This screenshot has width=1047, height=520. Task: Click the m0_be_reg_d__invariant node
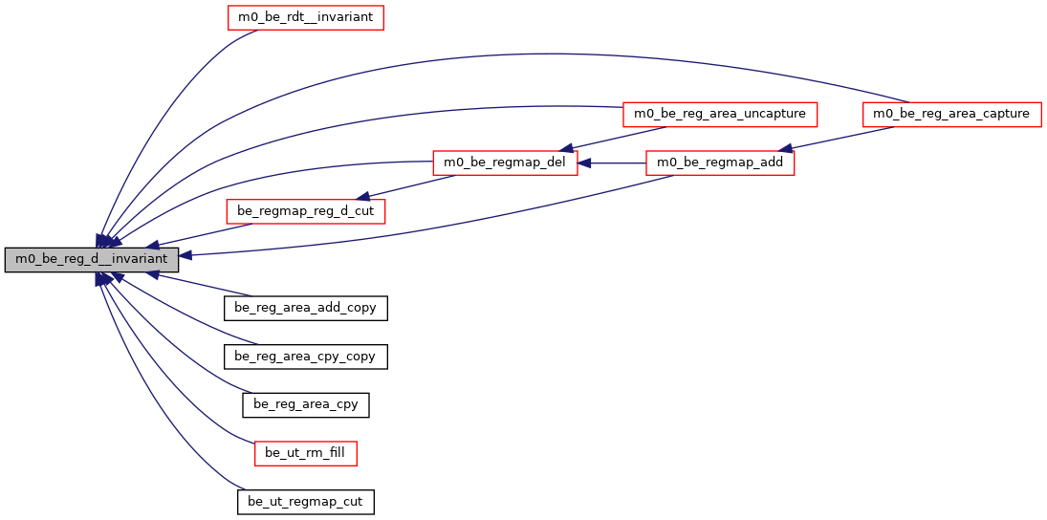coord(91,259)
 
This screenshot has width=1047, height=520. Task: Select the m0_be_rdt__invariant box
coord(305,17)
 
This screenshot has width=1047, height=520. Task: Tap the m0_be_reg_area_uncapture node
coord(720,114)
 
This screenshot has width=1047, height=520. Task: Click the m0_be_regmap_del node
coord(505,163)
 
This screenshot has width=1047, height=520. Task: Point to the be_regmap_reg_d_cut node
coord(304,210)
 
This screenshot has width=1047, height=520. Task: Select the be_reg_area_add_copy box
coord(305,308)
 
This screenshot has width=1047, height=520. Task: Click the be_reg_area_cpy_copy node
coord(305,357)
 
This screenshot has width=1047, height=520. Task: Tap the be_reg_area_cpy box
coord(306,404)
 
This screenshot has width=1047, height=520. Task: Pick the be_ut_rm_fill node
coord(305,452)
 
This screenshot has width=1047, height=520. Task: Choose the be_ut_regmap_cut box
coord(305,501)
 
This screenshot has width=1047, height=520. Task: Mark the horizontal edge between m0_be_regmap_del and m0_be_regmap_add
coord(612,163)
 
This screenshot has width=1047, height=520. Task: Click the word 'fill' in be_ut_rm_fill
coord(335,452)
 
